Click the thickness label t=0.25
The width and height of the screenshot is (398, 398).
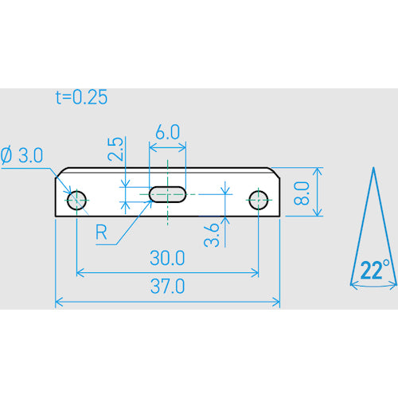click(82, 97)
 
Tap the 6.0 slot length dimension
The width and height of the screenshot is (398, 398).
click(168, 132)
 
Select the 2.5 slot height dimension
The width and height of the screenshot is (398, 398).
click(116, 149)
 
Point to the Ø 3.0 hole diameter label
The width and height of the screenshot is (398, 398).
click(21, 155)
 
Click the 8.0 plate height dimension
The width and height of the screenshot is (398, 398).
click(302, 193)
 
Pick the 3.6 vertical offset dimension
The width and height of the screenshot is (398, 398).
click(212, 235)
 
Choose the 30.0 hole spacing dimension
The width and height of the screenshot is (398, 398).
click(167, 258)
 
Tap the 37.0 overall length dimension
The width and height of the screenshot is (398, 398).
click(167, 287)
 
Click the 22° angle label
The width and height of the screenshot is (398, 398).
click(375, 270)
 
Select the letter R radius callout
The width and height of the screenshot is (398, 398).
click(101, 232)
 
